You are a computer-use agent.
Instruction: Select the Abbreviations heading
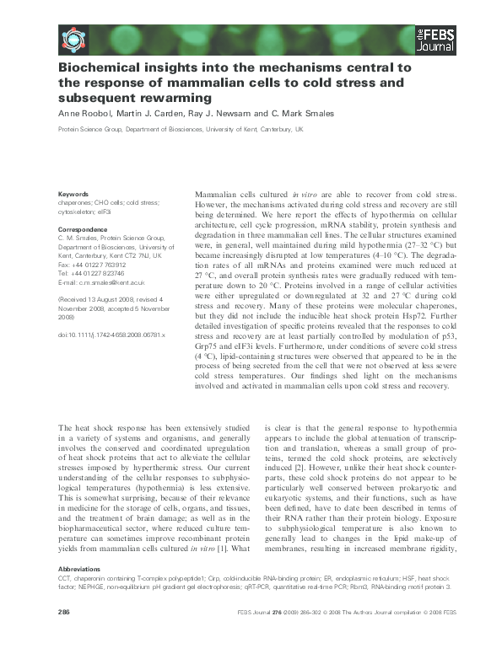(79, 569)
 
